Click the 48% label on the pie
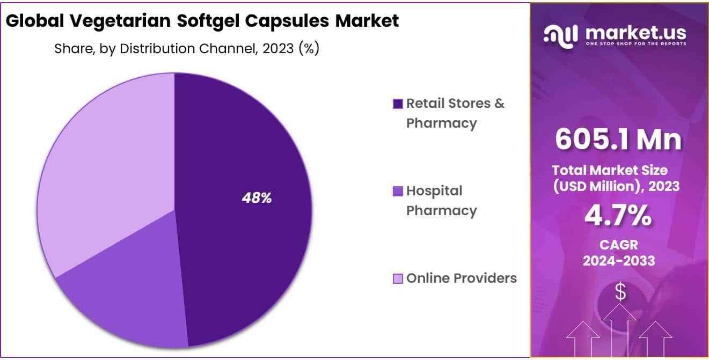[257, 198]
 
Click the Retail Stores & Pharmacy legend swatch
[398, 104]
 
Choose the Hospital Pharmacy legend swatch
[398, 191]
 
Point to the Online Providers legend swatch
[398, 278]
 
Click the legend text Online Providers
[462, 278]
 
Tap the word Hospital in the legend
[434, 190]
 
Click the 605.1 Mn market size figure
[618, 139]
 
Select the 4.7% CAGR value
[618, 216]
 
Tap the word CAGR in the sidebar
[618, 245]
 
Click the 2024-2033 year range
[618, 261]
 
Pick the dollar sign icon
[620, 292]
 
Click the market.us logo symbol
[561, 34]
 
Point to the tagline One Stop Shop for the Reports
[636, 43]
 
